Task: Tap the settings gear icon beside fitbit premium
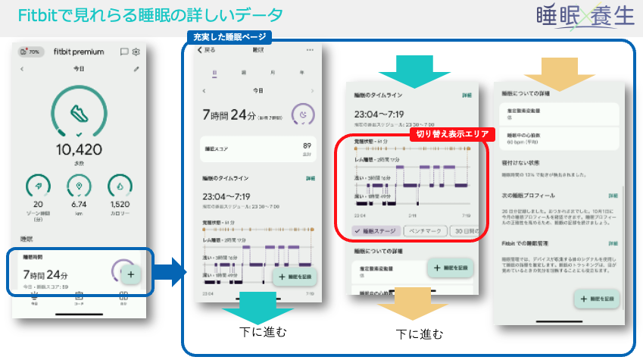pos(136,52)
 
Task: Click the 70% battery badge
pos(30,52)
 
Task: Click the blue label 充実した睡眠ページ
pos(228,36)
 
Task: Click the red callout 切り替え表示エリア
pos(451,134)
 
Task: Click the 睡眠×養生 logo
pos(582,17)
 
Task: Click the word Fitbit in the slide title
pos(36,15)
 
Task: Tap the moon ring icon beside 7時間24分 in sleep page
pos(304,114)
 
